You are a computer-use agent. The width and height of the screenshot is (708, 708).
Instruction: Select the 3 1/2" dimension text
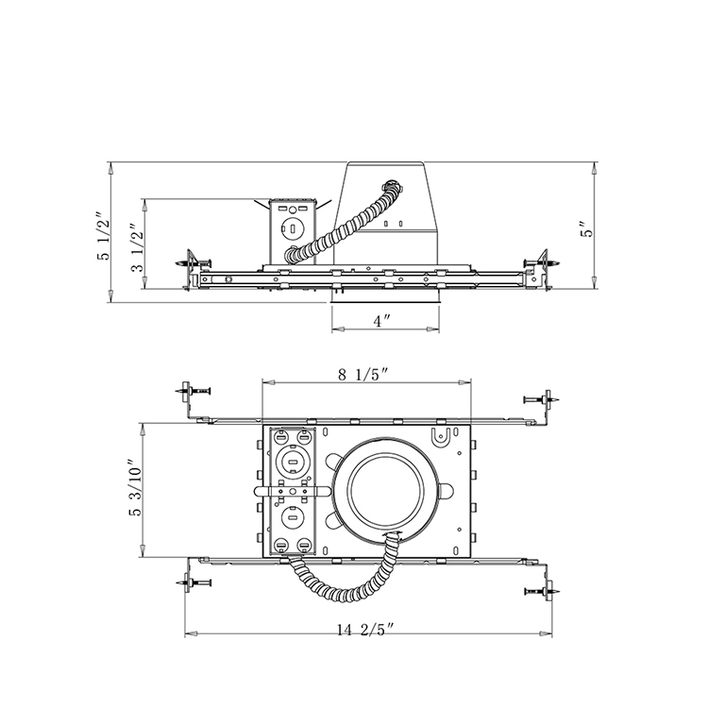pos(137,248)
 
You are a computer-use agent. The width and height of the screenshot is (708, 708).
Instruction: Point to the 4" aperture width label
pos(382,321)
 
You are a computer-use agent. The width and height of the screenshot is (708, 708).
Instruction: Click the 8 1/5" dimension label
pos(363,375)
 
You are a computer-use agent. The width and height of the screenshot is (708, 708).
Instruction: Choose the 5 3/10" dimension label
pos(135,488)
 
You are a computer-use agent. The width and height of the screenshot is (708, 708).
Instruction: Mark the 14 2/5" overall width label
pos(365,630)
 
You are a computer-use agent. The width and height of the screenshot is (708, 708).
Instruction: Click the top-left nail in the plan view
pos(194,390)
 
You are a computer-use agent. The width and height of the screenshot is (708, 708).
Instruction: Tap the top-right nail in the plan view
pos(542,399)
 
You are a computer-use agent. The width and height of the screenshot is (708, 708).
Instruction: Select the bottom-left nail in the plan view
pos(194,582)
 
